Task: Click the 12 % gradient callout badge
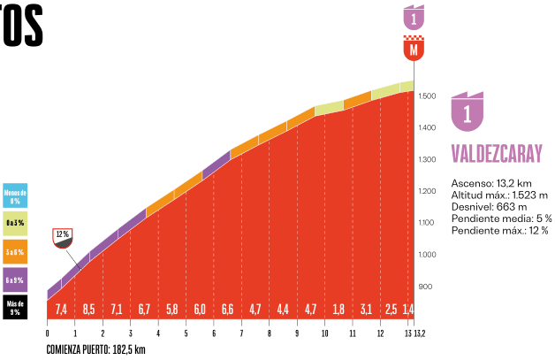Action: pos(63,235)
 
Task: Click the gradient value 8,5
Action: pos(89,310)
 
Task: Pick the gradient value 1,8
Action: pos(338,310)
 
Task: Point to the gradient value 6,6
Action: pos(227,310)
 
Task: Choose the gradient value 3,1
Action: pos(366,310)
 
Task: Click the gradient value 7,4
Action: pos(61,310)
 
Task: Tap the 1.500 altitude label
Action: pos(428,96)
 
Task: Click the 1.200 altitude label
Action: pos(428,192)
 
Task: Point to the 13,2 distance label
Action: pos(419,333)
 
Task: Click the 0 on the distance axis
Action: pos(47,333)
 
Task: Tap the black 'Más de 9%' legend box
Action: pos(15,307)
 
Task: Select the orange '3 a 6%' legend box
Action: pos(15,251)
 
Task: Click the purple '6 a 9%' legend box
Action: pos(15,280)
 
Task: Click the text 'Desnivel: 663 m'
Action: pos(489,206)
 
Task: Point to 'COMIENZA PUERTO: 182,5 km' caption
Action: pos(96,349)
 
